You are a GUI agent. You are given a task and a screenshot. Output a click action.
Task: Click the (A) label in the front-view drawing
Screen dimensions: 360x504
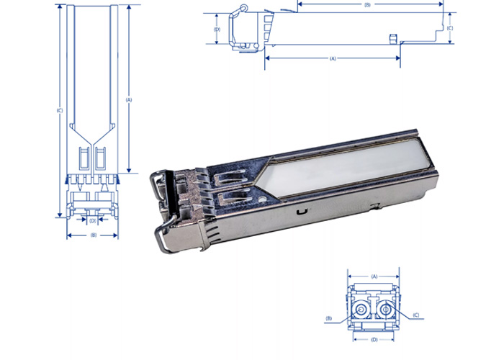click(374, 276)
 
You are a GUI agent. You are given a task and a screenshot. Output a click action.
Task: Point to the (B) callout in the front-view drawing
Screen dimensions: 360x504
click(328, 318)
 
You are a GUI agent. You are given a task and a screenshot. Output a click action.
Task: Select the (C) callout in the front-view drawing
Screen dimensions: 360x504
click(418, 315)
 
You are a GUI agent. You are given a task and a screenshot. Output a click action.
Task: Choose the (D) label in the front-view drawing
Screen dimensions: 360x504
click(374, 339)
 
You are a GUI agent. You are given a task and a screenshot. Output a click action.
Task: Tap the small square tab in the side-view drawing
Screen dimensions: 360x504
click(392, 37)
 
